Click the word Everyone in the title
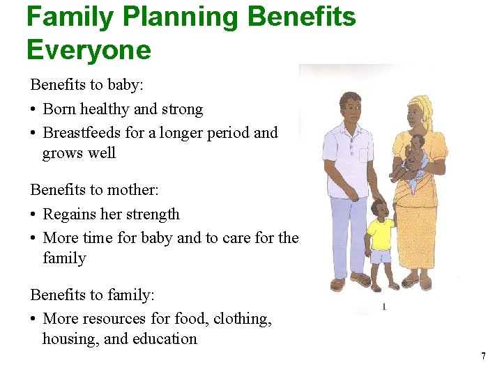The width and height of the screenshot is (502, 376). tap(89, 50)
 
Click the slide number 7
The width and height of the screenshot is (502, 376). tap(483, 357)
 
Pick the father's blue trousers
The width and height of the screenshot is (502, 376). tap(349, 230)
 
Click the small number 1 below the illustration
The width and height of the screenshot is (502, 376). tap(383, 306)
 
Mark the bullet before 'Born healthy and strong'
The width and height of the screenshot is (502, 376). tap(33, 110)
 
